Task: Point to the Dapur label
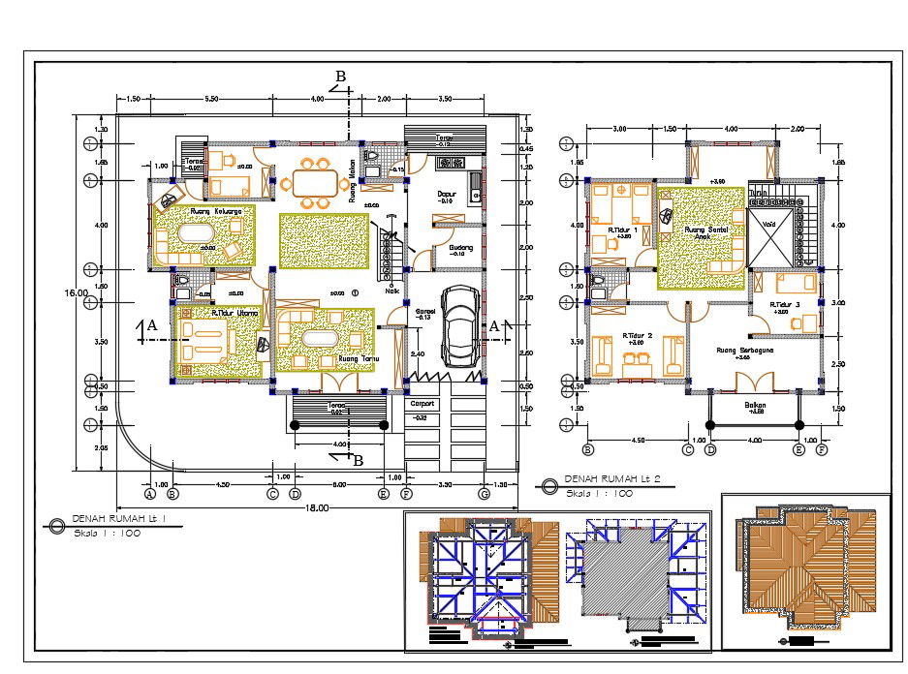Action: tap(447, 194)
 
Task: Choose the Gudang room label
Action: tap(461, 248)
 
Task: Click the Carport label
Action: tap(423, 404)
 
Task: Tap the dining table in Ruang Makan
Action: tap(313, 181)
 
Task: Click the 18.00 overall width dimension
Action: tap(316, 507)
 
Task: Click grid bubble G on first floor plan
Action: tap(484, 495)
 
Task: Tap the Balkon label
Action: tap(756, 406)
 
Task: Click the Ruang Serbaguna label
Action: tap(743, 351)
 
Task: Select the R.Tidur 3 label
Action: tap(785, 305)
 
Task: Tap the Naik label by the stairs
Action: tap(392, 290)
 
